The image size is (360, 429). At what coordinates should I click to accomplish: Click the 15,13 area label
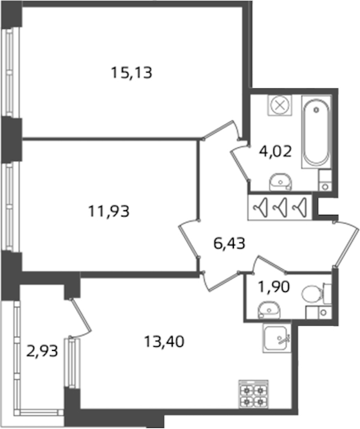(131, 73)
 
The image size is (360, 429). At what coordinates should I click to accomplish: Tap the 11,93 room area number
(109, 211)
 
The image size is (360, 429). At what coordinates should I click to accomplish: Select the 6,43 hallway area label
(229, 243)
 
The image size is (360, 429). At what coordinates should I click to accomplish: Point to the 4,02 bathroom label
(275, 151)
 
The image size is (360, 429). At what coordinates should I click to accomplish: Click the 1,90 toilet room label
(274, 287)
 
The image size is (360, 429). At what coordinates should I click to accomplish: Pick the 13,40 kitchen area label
(164, 341)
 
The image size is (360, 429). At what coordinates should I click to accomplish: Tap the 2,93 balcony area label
(42, 351)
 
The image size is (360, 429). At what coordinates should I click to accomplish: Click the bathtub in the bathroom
(316, 132)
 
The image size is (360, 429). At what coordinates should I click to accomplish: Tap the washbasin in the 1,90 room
(269, 311)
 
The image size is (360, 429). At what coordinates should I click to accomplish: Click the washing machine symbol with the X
(280, 106)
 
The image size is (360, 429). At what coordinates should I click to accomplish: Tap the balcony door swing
(80, 319)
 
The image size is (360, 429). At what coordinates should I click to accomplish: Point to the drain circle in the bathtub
(317, 110)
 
